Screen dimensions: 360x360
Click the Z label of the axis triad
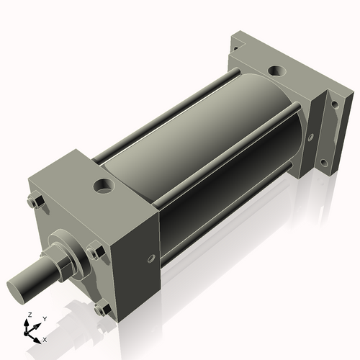click(x=28, y=315)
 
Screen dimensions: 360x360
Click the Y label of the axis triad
click(x=44, y=318)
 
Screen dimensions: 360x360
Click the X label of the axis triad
click(x=45, y=338)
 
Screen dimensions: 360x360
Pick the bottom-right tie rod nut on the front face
click(x=102, y=310)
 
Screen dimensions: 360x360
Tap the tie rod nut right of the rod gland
click(x=94, y=252)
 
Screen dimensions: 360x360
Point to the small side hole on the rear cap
click(x=310, y=135)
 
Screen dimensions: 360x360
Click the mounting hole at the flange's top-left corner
click(x=234, y=45)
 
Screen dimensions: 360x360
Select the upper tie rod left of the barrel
click(x=166, y=108)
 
